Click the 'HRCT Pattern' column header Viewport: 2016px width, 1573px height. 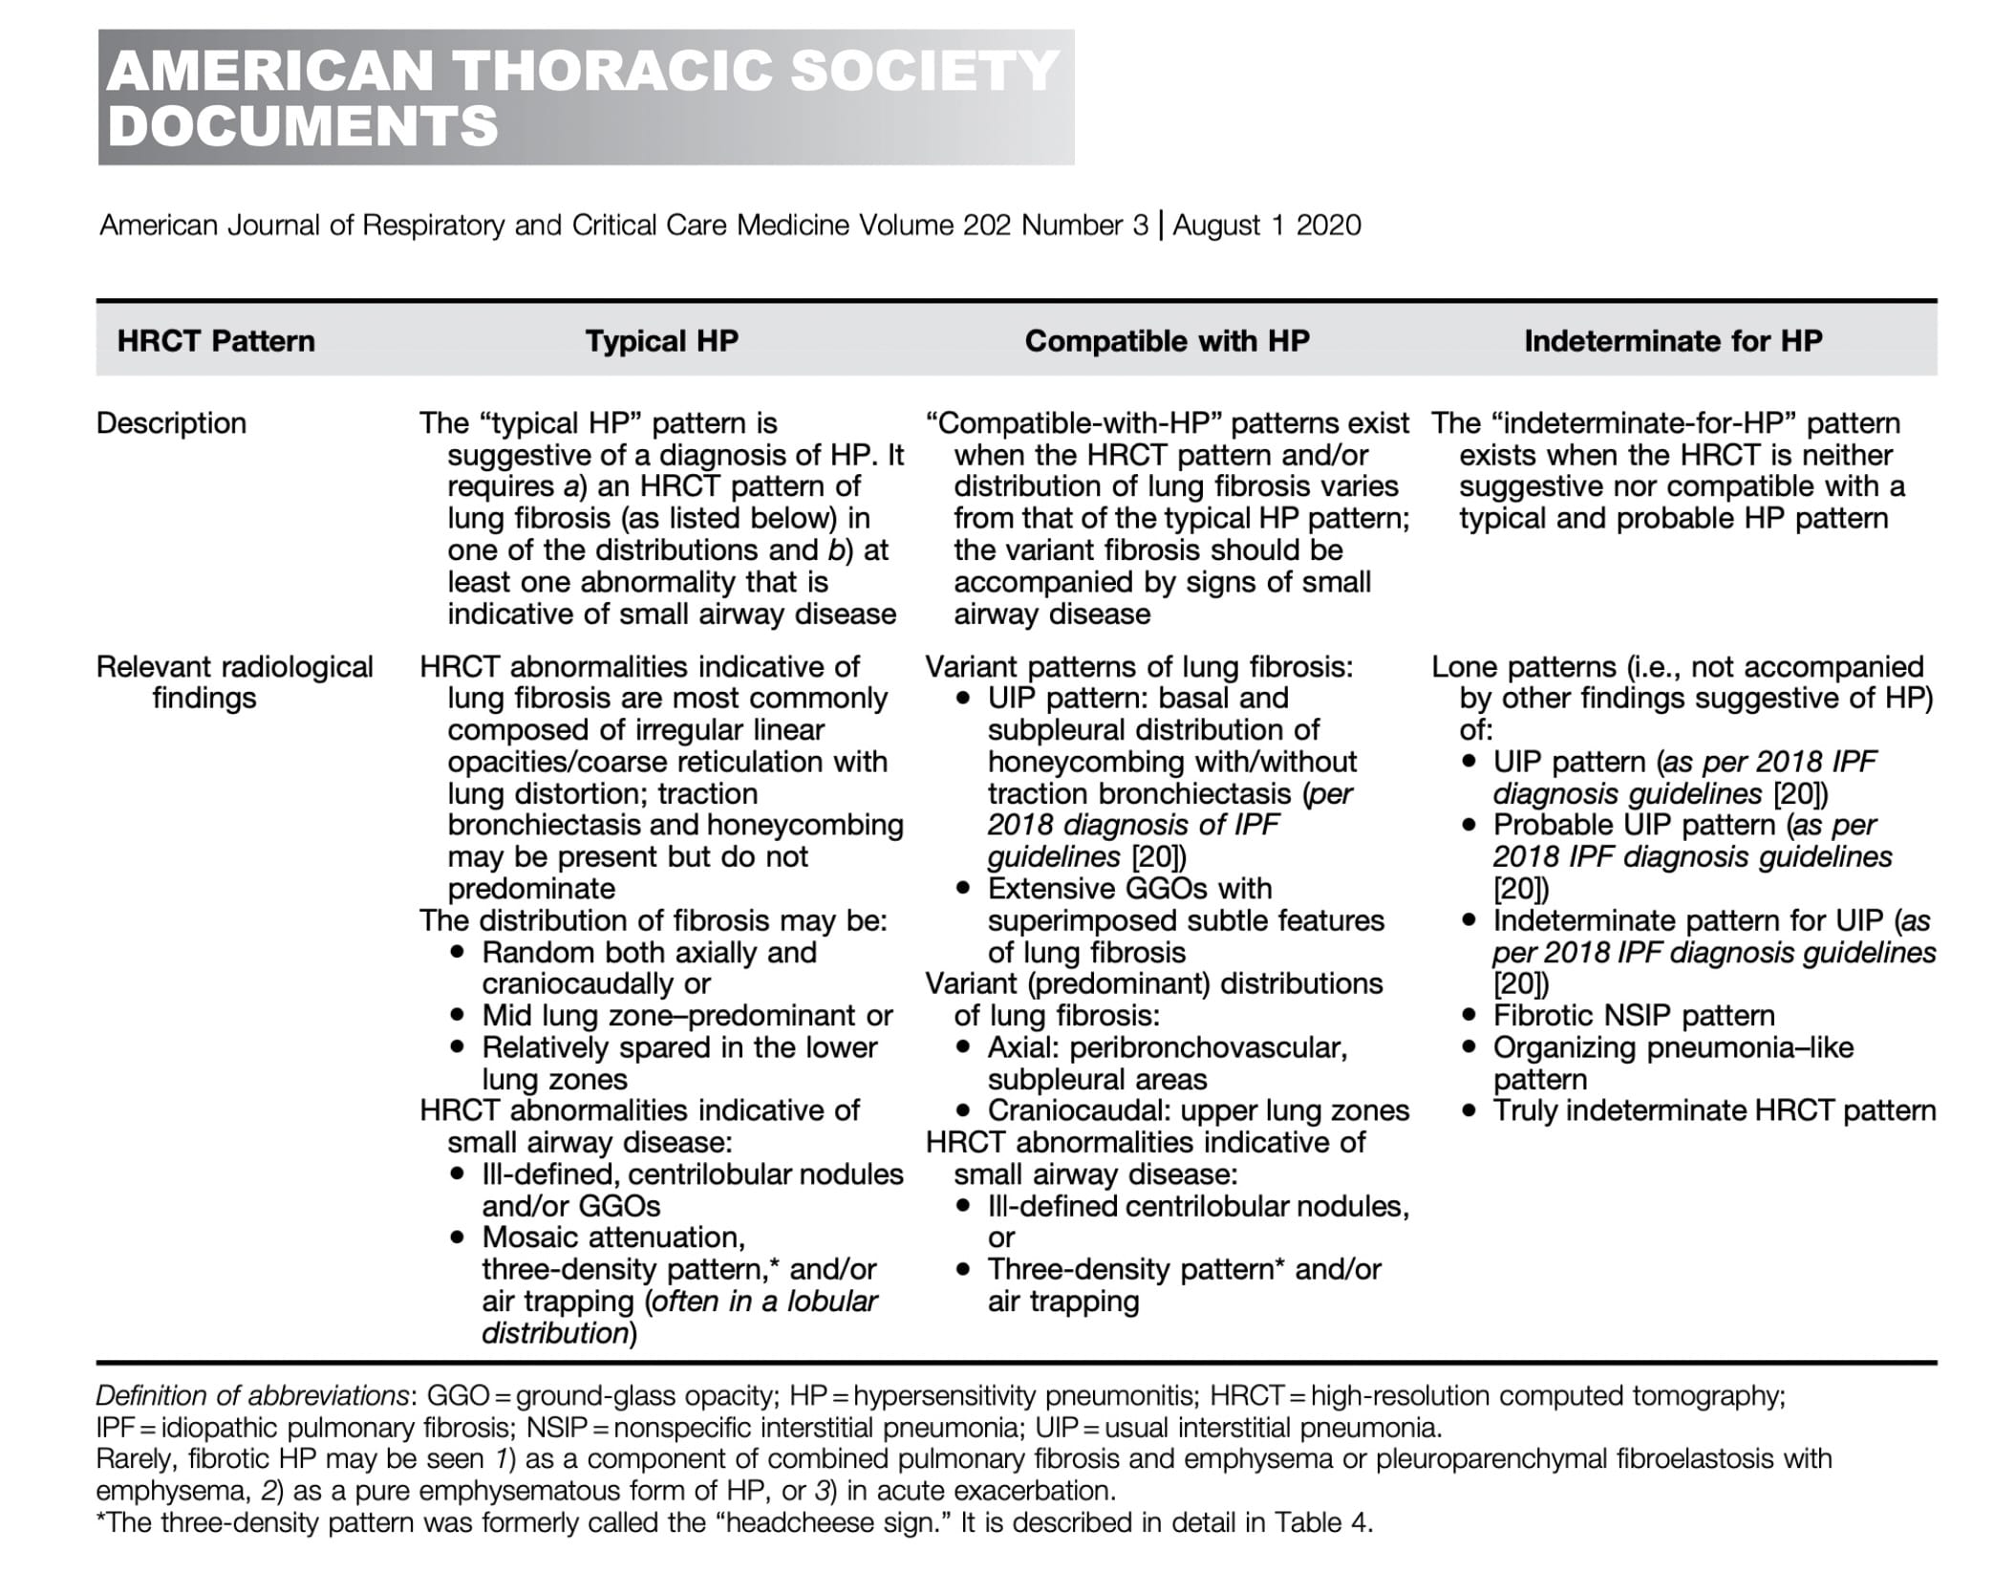(x=216, y=341)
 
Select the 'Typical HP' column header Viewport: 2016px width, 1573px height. (x=661, y=341)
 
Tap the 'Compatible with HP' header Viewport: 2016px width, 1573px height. (x=1167, y=341)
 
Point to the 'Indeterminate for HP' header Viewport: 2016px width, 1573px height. (x=1673, y=341)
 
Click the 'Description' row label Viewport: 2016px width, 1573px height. (x=171, y=423)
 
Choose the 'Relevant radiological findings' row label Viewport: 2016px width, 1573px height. (x=234, y=681)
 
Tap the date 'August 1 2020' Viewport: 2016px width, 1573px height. (x=1267, y=226)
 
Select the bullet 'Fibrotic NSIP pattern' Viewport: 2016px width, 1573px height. (x=1634, y=1016)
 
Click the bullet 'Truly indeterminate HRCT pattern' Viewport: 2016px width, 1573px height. (x=1714, y=1110)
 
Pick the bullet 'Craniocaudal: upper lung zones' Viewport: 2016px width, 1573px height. (x=1198, y=1110)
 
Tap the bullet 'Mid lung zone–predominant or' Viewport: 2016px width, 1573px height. (x=687, y=1016)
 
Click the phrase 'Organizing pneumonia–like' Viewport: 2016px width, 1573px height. (x=1673, y=1047)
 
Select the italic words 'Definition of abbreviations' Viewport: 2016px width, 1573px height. (x=252, y=1396)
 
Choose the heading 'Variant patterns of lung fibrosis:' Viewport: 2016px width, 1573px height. (x=1139, y=667)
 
